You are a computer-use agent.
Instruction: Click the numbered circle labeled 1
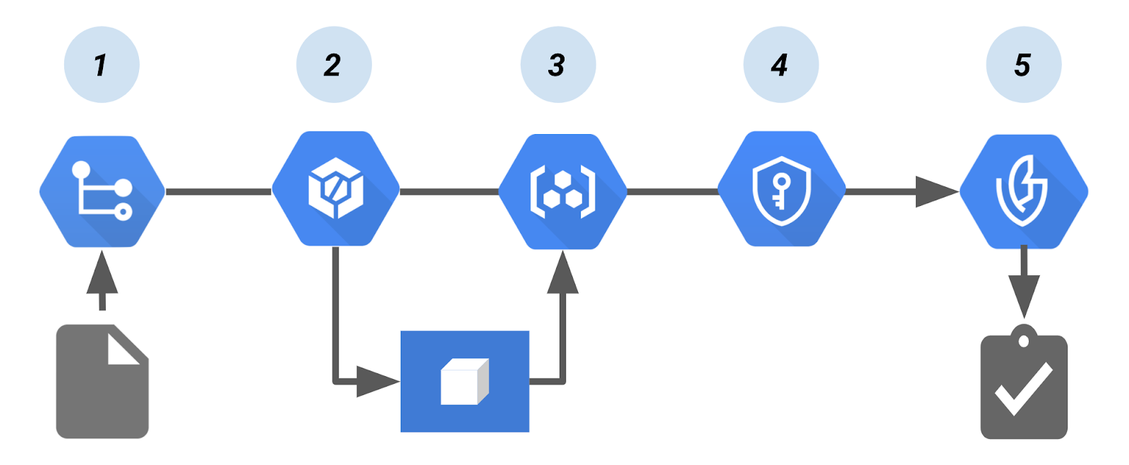click(102, 65)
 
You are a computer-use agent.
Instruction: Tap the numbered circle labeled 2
click(334, 65)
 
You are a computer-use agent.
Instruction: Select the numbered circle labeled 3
click(557, 65)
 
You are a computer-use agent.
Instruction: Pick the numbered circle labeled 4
click(780, 65)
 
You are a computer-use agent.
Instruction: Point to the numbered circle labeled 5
click(1023, 65)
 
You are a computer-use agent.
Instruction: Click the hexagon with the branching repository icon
click(102, 191)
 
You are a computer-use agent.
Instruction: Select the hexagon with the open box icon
click(336, 189)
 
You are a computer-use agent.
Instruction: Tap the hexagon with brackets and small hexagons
click(562, 191)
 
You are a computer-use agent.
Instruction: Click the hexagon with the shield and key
click(781, 189)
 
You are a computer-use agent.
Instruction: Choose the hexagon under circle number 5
click(1023, 191)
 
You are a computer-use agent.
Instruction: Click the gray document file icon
click(102, 382)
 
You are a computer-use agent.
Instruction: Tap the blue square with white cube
click(464, 381)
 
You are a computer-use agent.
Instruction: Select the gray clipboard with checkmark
click(1023, 385)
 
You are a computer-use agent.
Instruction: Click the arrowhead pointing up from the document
click(102, 274)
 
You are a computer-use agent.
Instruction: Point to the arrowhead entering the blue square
click(377, 382)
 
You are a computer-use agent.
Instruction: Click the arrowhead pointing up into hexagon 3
click(562, 274)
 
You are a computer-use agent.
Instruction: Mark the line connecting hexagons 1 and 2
click(218, 191)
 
